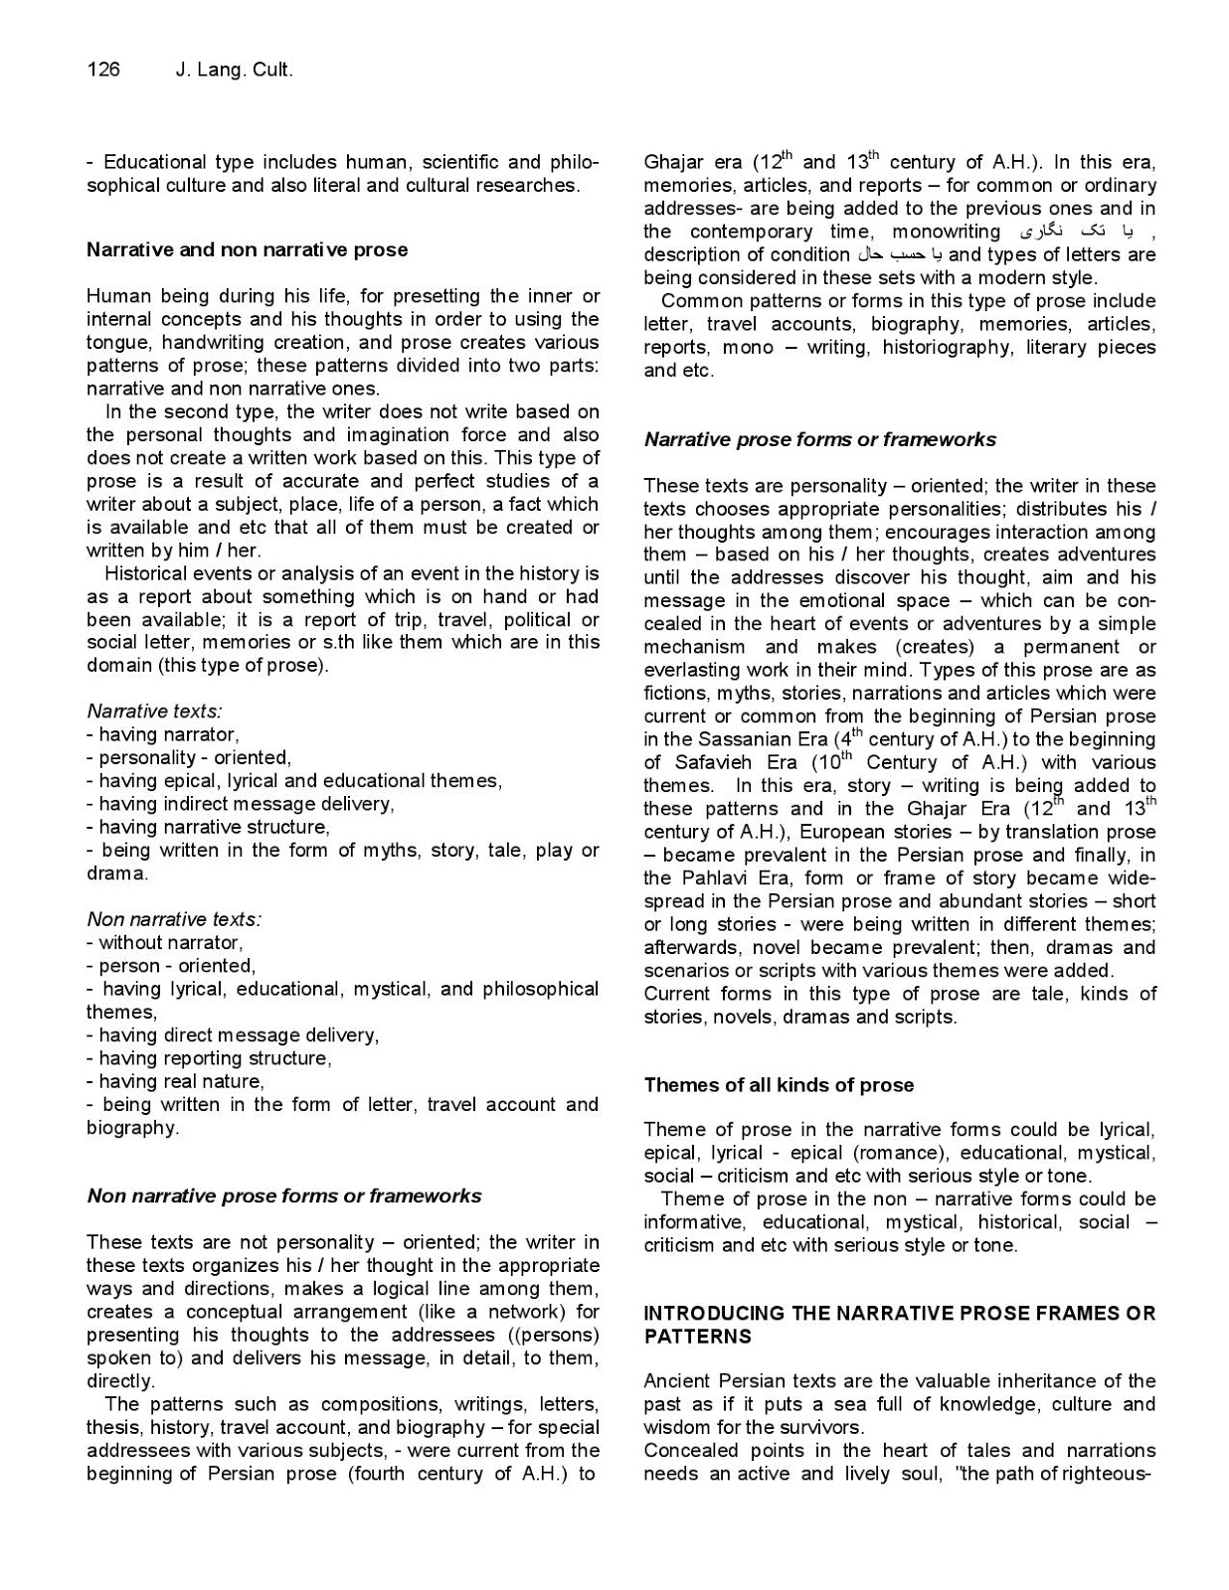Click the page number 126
pos(103,70)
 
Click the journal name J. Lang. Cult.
pos(234,70)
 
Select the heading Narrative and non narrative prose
pos(247,249)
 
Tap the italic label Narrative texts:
pos(154,711)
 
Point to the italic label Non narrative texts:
pos(174,919)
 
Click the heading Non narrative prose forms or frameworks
pos(283,1195)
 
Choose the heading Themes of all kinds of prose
pos(779,1084)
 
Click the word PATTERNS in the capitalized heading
pos(698,1336)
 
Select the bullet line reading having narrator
pos(164,734)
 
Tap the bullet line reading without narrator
pos(166,942)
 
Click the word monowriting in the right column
pos(946,232)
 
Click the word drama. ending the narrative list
pos(117,874)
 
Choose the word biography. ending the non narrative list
pos(132,1128)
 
